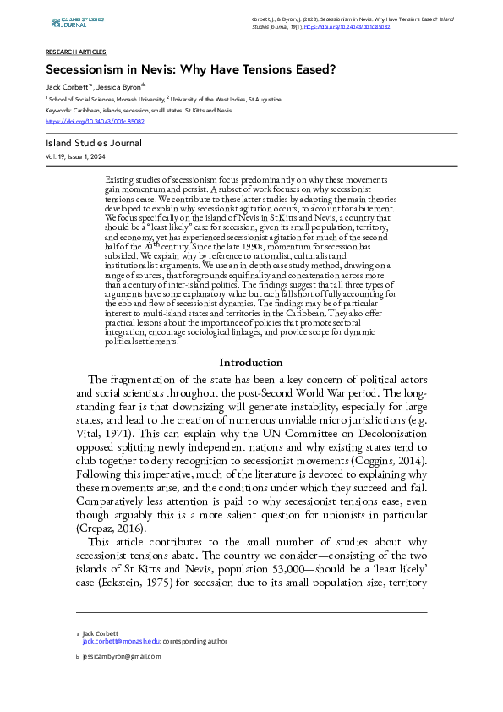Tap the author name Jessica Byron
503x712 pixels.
click(x=119, y=87)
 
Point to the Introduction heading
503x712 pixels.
click(x=251, y=386)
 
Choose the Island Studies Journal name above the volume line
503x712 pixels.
click(x=94, y=143)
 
